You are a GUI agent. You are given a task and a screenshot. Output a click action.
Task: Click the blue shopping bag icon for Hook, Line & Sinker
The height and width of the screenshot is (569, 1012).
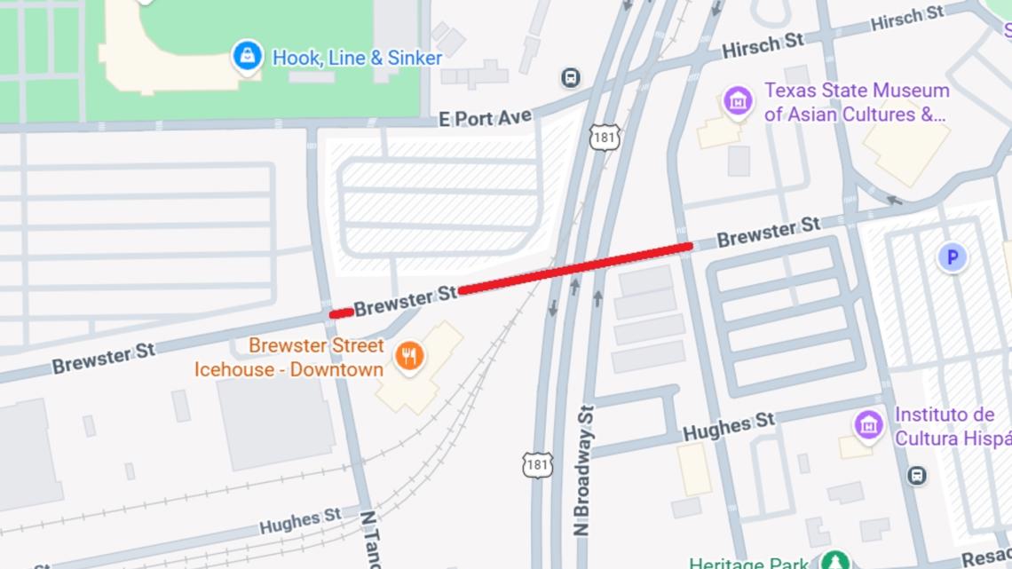coord(247,56)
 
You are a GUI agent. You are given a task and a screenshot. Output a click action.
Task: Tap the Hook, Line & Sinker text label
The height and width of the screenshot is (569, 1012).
coord(357,58)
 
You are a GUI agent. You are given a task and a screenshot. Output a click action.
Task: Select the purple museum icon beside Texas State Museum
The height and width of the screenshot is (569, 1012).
coord(738,101)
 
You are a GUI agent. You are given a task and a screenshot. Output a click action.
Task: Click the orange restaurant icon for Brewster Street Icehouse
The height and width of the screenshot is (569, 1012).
coord(408,357)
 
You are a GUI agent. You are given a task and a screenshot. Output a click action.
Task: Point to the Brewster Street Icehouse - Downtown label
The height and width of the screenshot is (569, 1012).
coord(289,358)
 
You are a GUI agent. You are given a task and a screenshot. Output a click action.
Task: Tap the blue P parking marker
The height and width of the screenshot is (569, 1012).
coord(952,257)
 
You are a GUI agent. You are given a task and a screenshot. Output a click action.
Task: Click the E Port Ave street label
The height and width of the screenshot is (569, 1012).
coord(486,118)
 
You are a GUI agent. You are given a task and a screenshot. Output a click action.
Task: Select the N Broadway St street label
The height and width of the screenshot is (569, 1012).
coord(582,469)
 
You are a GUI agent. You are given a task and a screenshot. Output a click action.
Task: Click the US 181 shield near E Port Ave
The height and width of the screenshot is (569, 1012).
coord(605,138)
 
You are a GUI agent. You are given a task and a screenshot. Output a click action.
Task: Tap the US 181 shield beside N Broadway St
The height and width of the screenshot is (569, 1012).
coord(538,464)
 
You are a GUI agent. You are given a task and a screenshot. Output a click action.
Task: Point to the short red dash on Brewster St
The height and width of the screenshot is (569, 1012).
coord(341,312)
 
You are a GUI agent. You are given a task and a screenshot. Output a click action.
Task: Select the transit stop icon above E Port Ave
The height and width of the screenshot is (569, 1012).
coord(571,78)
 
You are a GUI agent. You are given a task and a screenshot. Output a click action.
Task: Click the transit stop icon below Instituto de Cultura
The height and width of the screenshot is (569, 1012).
coord(917,476)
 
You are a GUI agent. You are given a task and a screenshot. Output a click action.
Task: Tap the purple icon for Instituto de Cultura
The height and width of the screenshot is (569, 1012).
coord(868,425)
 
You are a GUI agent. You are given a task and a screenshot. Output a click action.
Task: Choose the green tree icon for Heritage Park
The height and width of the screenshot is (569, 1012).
coord(834,561)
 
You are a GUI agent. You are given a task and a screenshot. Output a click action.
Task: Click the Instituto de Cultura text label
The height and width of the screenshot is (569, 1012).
coord(950,427)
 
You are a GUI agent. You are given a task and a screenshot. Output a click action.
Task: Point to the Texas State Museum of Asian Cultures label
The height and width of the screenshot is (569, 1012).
coord(857,102)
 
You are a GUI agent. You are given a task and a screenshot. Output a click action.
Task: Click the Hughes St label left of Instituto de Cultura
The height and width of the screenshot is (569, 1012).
coord(728,428)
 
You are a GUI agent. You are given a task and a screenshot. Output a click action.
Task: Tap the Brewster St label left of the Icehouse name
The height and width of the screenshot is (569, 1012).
coord(104,359)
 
